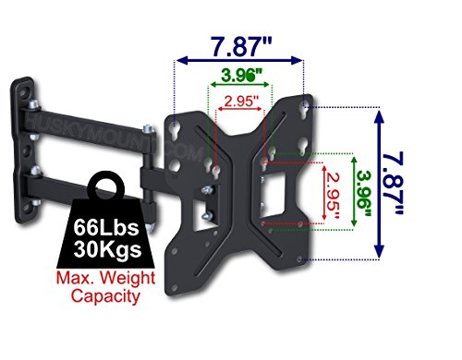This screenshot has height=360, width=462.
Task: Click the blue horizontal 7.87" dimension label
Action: click(242, 47)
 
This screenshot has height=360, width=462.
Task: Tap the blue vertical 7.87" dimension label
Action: click(392, 184)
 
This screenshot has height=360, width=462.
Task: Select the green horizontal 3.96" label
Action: click(242, 75)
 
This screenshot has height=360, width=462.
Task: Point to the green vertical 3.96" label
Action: click(364, 194)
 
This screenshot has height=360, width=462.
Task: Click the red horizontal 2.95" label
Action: click(241, 102)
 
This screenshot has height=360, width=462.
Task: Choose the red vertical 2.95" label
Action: click(332, 197)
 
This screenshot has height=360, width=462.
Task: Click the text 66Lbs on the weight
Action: click(106, 227)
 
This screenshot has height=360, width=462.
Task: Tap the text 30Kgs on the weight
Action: click(107, 248)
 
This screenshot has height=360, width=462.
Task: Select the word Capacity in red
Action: click(105, 296)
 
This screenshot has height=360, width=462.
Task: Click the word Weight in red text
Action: click(128, 278)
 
